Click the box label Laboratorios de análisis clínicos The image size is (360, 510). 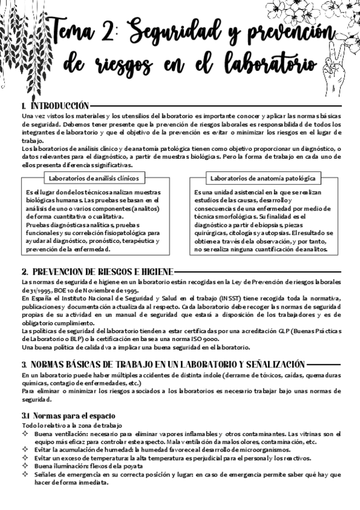(x=93, y=178)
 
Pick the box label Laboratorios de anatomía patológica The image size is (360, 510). (x=263, y=178)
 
